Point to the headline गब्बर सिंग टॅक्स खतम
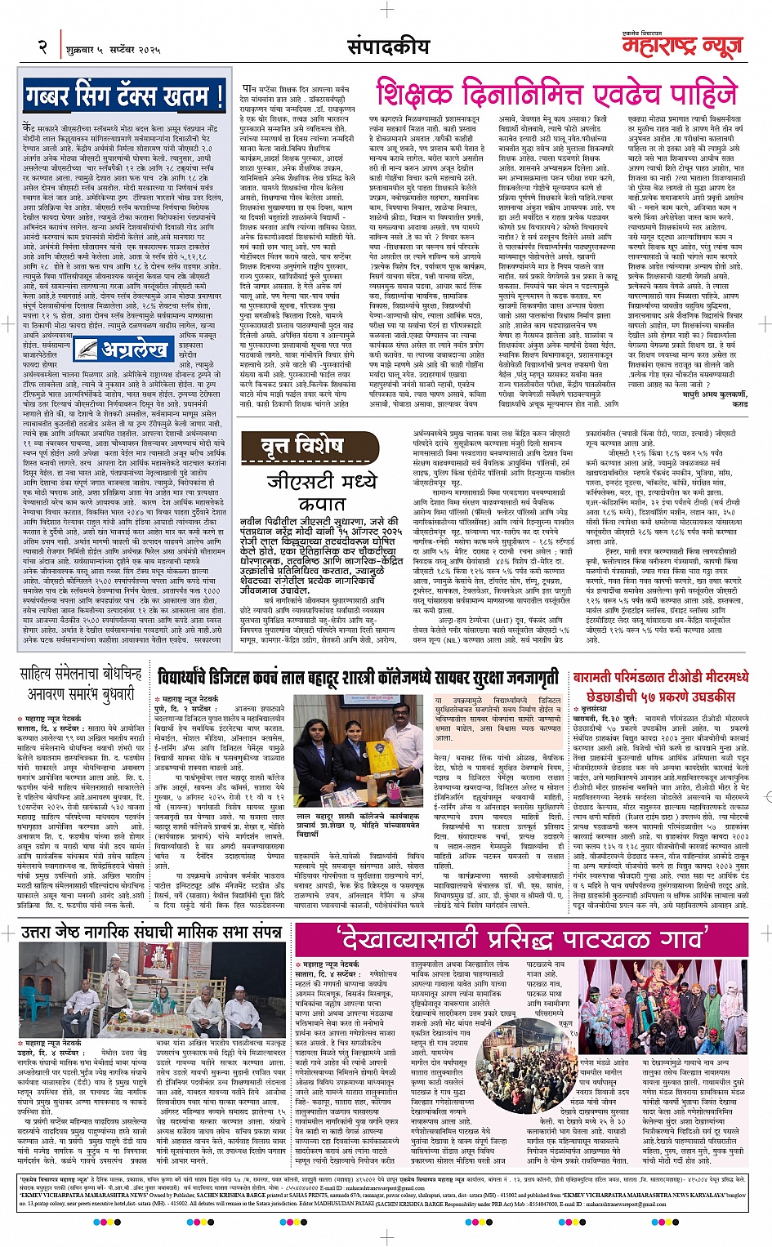click(124, 96)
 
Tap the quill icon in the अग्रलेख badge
click(85, 350)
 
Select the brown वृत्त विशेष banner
click(311, 448)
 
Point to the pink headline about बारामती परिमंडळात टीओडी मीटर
click(660, 687)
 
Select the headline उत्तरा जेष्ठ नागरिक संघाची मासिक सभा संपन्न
click(152, 933)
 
